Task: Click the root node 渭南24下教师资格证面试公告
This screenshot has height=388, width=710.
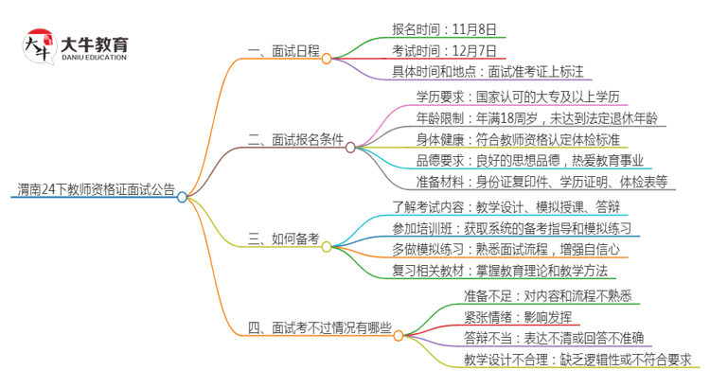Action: point(94,188)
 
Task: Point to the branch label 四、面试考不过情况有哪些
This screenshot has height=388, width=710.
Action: point(318,328)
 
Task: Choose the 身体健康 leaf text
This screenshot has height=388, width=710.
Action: point(525,140)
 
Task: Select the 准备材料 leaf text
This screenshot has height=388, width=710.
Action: point(541,183)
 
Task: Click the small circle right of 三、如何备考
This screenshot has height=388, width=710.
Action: point(327,247)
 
